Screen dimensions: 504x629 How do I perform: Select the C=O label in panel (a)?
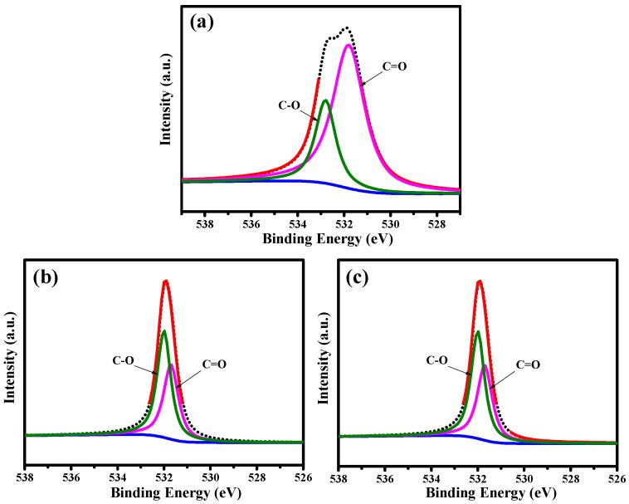point(395,65)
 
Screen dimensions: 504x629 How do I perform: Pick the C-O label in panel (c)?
point(438,361)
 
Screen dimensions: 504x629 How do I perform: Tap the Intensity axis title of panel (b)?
point(11,356)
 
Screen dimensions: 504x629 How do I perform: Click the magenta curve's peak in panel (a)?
point(348,45)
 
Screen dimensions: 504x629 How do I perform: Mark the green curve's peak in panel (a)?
point(325,100)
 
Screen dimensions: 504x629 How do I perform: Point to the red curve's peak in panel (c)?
point(480,281)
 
